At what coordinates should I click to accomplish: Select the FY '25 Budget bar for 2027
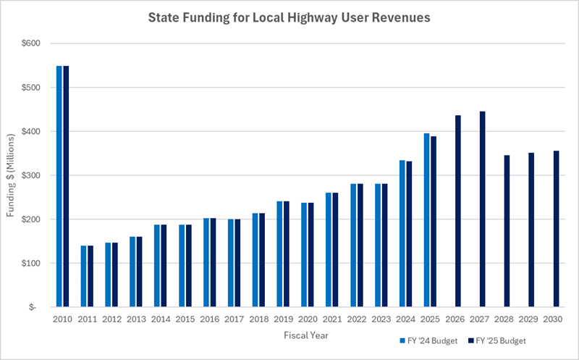tap(483, 209)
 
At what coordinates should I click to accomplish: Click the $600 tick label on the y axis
tap(31, 43)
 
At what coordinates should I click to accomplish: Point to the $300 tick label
tap(31, 175)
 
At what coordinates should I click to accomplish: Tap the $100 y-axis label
tap(31, 263)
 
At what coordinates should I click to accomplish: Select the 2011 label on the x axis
tap(87, 319)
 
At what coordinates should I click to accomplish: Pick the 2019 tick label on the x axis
tap(283, 319)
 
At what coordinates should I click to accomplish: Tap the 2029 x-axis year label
tap(528, 319)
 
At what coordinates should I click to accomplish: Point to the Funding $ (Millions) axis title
tap(11, 175)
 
